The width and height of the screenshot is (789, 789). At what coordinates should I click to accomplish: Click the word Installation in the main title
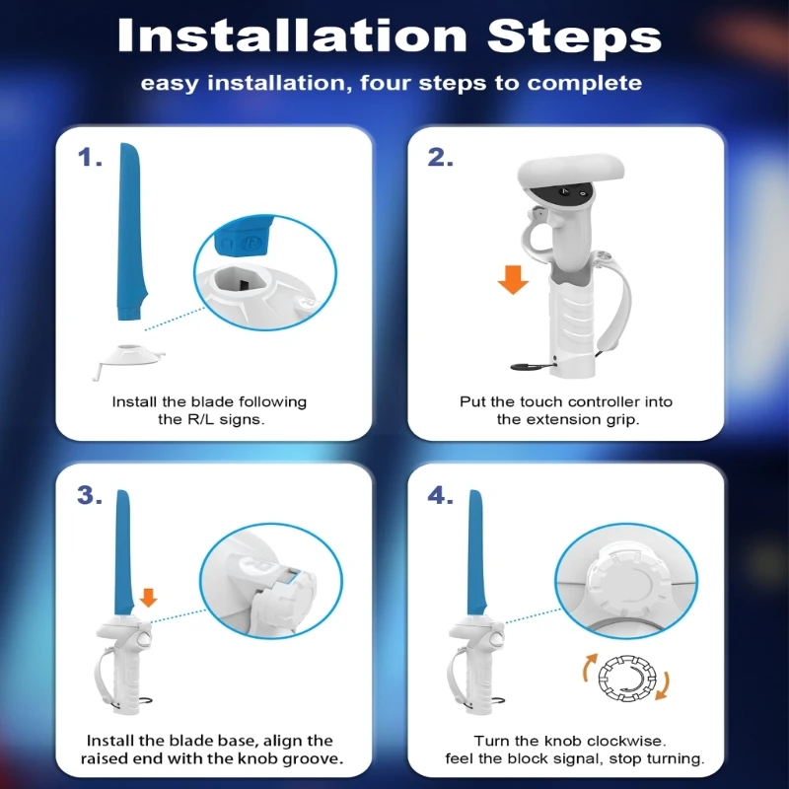tap(292, 36)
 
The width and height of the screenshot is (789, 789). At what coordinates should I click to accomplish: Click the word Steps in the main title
tap(574, 37)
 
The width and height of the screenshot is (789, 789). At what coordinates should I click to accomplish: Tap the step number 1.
tap(90, 157)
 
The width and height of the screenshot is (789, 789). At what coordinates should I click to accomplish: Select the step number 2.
tap(440, 157)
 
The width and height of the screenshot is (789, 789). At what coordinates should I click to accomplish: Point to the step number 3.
tap(90, 495)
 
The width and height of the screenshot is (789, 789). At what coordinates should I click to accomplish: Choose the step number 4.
tap(440, 496)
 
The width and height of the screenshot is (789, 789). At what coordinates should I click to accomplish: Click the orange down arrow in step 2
tap(513, 280)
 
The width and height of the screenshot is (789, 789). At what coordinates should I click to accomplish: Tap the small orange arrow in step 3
tap(148, 598)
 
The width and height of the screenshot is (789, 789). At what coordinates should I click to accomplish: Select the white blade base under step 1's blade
tap(129, 358)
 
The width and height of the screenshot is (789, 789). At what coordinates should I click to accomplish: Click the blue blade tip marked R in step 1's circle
tap(244, 236)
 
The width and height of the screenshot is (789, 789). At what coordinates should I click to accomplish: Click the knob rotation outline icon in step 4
tap(627, 678)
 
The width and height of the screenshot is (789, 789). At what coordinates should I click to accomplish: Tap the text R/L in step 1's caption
tap(201, 419)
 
